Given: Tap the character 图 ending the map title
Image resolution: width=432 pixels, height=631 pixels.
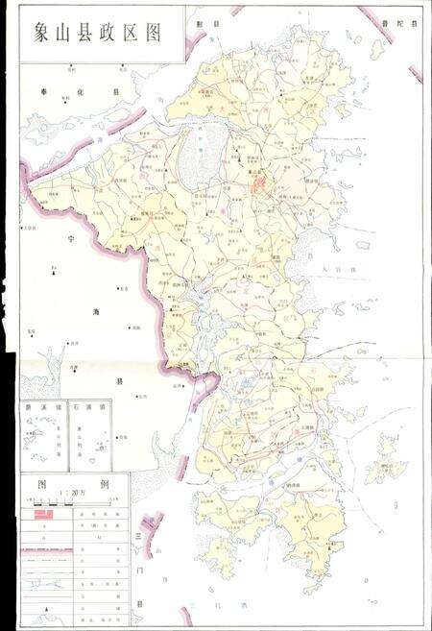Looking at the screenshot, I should pyautogui.click(x=148, y=33).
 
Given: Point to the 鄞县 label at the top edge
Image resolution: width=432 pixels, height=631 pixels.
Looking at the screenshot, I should pyautogui.click(x=208, y=20).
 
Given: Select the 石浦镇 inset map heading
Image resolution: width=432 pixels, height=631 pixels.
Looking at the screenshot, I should pyautogui.click(x=93, y=407).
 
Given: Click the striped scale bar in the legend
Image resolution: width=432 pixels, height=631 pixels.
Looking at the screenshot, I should pyautogui.click(x=75, y=501).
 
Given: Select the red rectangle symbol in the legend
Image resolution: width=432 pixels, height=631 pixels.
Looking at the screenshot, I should pyautogui.click(x=46, y=515).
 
